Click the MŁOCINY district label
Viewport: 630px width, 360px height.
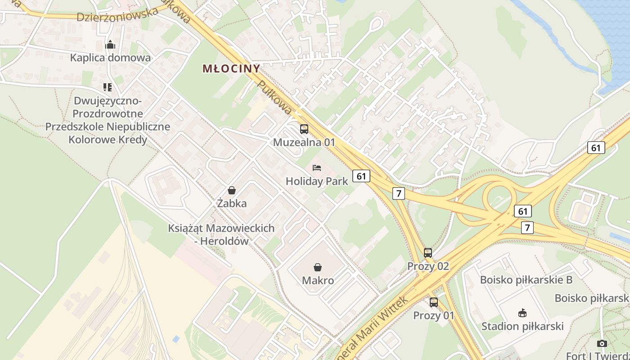click(231, 69)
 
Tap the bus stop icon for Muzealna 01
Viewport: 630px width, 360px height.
click(304, 129)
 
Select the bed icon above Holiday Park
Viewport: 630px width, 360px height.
click(317, 168)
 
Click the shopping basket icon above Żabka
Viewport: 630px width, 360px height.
click(232, 190)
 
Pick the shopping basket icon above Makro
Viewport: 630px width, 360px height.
click(318, 267)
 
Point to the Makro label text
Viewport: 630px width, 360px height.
click(318, 281)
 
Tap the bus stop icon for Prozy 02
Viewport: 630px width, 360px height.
click(428, 253)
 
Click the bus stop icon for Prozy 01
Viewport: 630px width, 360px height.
click(434, 302)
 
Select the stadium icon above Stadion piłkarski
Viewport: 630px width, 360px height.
click(522, 313)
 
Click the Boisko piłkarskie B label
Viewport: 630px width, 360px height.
click(526, 280)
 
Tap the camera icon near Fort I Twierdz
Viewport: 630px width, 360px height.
click(602, 344)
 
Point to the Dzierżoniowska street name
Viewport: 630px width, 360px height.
click(117, 14)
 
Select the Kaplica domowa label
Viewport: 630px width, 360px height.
click(110, 58)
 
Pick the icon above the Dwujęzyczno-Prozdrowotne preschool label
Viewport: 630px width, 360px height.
click(107, 87)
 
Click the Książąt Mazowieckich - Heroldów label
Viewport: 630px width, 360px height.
click(221, 234)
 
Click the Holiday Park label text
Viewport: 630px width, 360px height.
click(317, 181)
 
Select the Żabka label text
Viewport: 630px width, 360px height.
click(232, 203)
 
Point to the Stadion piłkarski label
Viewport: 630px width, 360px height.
click(522, 326)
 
